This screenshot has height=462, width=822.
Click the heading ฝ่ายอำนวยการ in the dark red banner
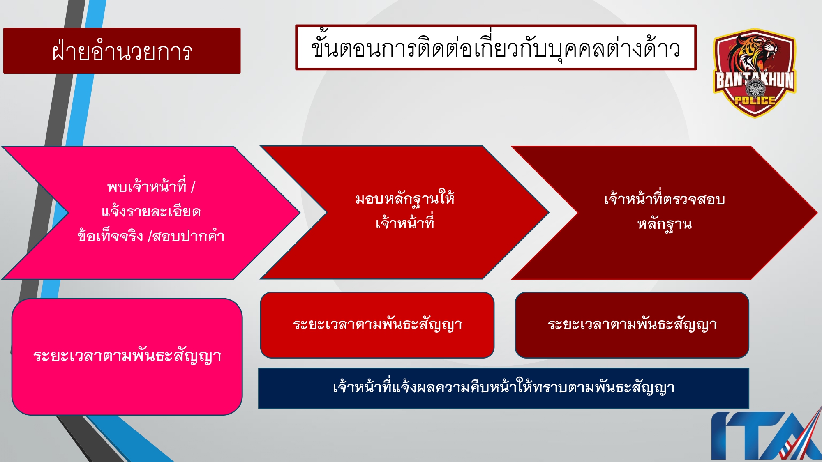122,51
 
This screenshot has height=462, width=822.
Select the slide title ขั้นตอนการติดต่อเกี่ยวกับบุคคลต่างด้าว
495,48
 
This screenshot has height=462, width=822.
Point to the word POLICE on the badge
755,100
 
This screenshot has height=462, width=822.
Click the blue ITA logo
764,435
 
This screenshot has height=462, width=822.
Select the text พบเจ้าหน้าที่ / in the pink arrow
151,187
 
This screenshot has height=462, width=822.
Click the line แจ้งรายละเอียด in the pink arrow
151,211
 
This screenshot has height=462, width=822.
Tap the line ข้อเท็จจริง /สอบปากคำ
151,236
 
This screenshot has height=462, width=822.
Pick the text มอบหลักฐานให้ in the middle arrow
405,199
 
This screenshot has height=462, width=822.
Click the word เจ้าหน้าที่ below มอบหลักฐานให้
405,223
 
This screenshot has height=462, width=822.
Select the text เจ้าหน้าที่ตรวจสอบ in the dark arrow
664,199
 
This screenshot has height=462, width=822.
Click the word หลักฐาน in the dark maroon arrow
664,224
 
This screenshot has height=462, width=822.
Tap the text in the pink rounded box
127,356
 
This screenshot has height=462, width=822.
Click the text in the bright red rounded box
377,324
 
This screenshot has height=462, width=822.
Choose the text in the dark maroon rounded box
632,324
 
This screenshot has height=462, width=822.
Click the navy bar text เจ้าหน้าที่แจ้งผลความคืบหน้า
503,388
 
